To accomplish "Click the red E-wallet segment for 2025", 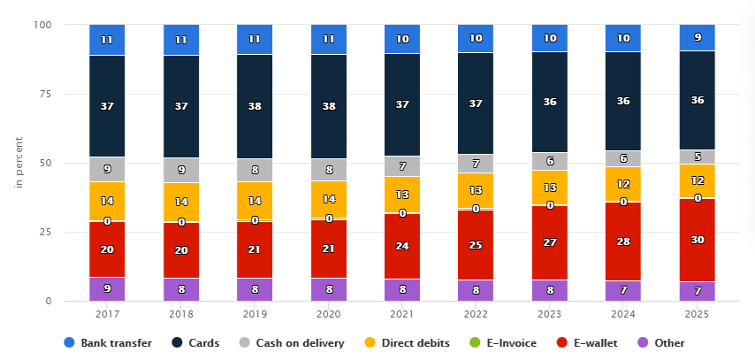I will (697, 240).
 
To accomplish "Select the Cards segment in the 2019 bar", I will (255, 106).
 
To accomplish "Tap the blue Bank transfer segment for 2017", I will (107, 40).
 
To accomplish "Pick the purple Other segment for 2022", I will (476, 290).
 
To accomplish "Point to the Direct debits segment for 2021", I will (402, 195).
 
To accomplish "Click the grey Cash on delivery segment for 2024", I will (622, 158).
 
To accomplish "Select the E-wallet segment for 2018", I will (181, 250).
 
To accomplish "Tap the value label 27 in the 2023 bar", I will (549, 241).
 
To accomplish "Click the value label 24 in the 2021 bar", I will (402, 247).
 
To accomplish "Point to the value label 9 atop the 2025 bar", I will (697, 38).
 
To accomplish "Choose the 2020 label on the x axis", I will (328, 314).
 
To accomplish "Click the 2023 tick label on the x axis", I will (549, 314).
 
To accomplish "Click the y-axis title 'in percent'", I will (18, 163).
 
